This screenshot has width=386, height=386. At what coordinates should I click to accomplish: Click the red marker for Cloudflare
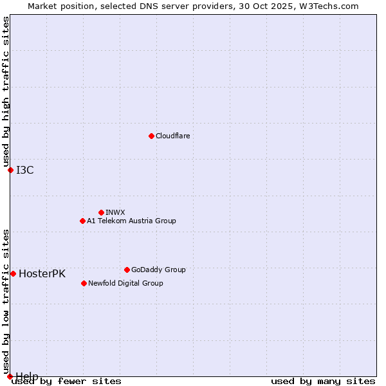(151, 136)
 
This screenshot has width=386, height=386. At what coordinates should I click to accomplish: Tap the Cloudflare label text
(173, 136)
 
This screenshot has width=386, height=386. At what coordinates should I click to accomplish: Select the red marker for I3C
(10, 170)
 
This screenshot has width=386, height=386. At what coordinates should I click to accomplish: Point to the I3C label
(25, 170)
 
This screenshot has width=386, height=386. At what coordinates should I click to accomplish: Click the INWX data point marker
(101, 212)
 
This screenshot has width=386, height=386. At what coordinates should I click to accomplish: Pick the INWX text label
(115, 212)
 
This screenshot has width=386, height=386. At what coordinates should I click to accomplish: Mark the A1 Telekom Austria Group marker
(82, 221)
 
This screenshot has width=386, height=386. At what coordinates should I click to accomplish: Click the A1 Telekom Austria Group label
(131, 221)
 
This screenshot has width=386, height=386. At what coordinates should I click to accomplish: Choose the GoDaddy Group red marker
(127, 270)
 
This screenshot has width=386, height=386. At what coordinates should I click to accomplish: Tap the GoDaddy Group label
(158, 270)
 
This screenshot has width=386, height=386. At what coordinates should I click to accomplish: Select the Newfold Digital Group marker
(84, 283)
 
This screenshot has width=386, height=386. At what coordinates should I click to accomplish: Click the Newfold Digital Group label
(125, 283)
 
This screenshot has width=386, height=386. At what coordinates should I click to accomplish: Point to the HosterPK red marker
(13, 273)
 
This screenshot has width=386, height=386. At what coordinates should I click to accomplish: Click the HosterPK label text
(42, 273)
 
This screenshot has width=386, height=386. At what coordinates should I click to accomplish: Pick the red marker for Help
(10, 376)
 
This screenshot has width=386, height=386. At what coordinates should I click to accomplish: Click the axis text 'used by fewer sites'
(67, 381)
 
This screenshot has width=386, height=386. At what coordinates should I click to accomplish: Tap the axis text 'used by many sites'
(323, 381)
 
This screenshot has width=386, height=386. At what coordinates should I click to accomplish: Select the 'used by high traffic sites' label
(6, 92)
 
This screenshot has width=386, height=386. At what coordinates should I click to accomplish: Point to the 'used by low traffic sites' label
(6, 297)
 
